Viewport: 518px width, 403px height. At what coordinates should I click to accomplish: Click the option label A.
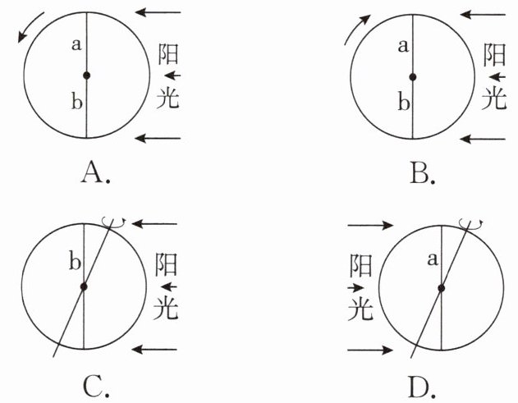pos(94,172)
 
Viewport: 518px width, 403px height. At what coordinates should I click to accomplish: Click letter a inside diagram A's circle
pos(76,46)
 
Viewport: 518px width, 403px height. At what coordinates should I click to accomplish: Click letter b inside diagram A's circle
pos(76,103)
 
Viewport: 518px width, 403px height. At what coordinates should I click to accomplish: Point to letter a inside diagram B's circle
pos(402,46)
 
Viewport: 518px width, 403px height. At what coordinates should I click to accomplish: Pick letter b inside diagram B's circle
pos(402,103)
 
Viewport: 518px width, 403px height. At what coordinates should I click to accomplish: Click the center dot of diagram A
pos(86,76)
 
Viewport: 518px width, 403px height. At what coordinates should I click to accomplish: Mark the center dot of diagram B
pos(413,76)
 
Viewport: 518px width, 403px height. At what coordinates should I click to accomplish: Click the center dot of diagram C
pos(83,286)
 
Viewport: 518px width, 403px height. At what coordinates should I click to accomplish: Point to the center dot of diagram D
pos(442,286)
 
